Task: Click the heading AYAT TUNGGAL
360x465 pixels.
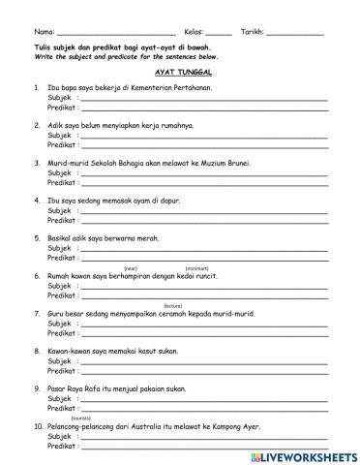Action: (183, 72)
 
